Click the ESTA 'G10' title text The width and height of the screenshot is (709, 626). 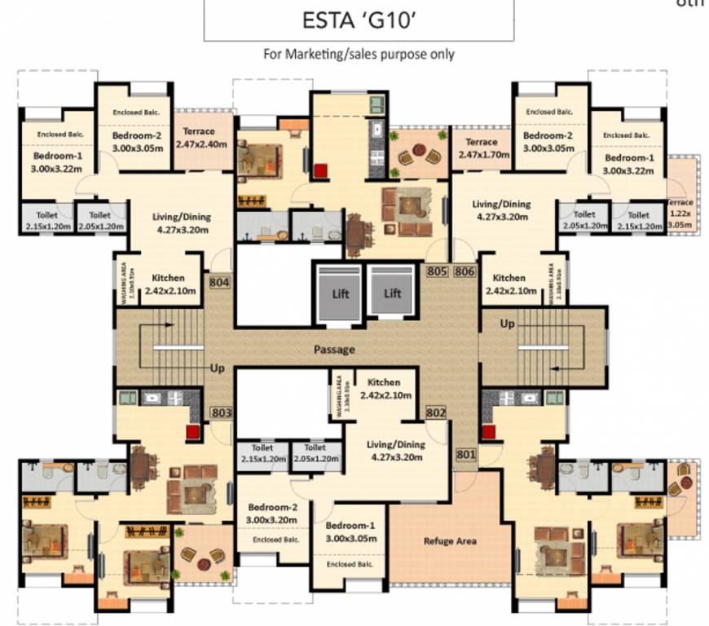[x=359, y=20]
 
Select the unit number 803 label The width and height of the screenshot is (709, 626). [x=221, y=412]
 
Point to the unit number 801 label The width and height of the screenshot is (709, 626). [x=465, y=454]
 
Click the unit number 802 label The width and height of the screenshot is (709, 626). [x=436, y=413]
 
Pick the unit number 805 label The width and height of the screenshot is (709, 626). [x=438, y=271]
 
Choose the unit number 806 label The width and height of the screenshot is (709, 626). [x=465, y=271]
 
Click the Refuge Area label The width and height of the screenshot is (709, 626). [x=449, y=540]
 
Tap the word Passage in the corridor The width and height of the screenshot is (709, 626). [x=334, y=350]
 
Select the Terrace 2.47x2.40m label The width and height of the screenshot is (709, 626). [x=198, y=138]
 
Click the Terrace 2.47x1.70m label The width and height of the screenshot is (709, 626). [x=477, y=148]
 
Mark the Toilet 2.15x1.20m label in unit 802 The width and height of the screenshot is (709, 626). [x=262, y=453]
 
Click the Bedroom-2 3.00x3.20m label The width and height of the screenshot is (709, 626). [x=272, y=512]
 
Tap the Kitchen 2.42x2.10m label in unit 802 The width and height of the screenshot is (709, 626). [x=385, y=388]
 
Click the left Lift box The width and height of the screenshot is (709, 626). [x=340, y=292]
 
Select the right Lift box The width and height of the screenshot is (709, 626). [x=393, y=292]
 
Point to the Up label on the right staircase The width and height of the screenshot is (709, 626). [x=508, y=324]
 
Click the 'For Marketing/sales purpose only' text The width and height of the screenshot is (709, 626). [x=359, y=55]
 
